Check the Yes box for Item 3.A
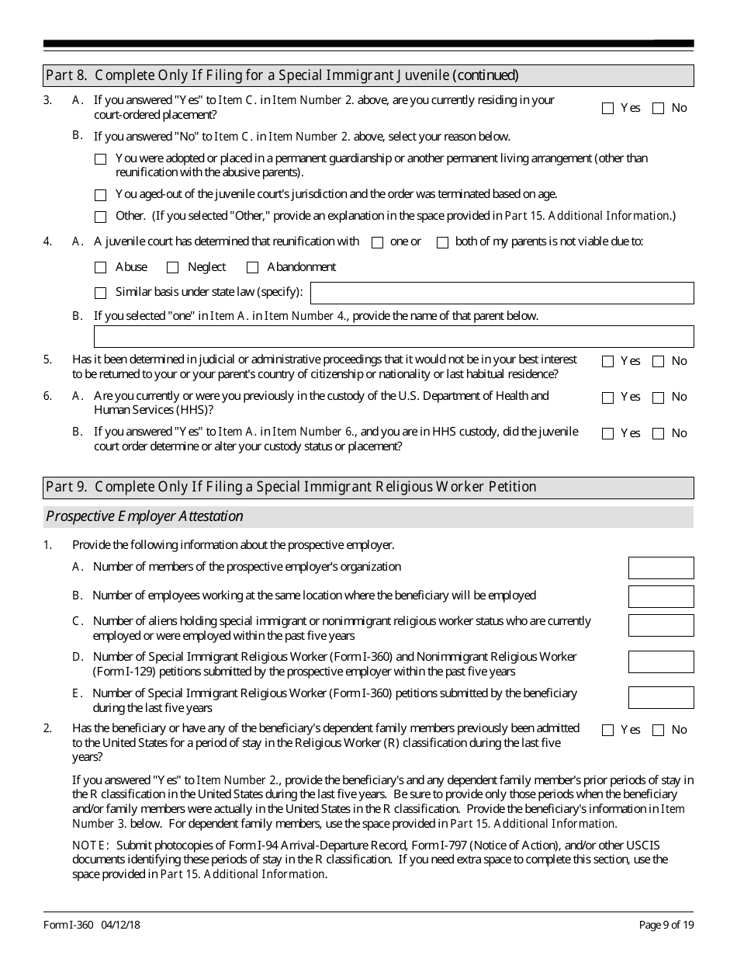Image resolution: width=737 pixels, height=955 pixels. (607, 109)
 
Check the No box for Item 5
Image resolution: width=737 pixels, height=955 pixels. (658, 361)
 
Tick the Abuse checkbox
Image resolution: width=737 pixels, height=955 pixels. (100, 268)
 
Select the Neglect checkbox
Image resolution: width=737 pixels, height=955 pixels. (173, 268)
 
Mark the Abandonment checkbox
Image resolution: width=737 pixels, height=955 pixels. (252, 268)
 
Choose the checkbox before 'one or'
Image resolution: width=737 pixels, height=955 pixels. (378, 242)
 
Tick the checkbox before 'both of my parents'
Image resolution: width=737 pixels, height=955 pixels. (442, 242)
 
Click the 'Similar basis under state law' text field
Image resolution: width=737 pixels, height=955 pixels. (501, 293)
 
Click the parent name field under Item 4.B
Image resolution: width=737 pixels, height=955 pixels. (393, 336)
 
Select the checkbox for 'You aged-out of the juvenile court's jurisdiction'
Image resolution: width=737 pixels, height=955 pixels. (100, 196)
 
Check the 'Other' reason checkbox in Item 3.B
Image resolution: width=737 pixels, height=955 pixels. (100, 217)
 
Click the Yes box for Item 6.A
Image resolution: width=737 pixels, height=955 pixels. (607, 398)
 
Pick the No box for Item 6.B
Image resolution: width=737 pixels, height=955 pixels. (658, 433)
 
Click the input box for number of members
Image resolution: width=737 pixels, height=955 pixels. (661, 568)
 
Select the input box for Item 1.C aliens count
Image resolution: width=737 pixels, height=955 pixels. (661, 626)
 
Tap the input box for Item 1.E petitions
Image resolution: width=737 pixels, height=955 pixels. (661, 697)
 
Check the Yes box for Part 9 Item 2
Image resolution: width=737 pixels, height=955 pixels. (607, 730)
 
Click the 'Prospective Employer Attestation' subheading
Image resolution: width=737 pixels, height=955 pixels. (144, 516)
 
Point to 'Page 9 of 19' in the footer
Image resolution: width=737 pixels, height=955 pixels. (666, 925)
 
